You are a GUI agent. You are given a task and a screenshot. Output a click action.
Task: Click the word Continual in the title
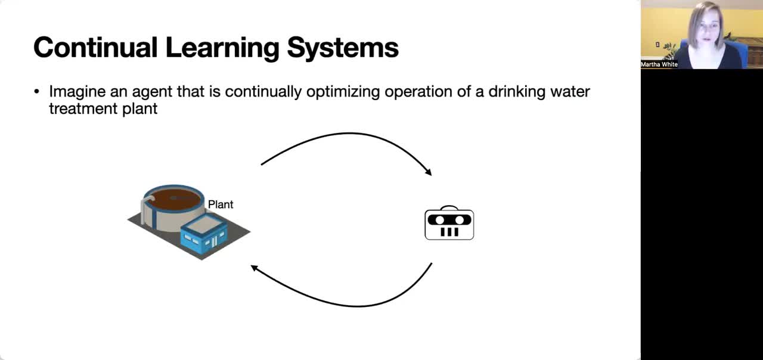tap(95, 47)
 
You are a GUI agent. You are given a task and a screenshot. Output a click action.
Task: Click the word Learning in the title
tap(222, 48)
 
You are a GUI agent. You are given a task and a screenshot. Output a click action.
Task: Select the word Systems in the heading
tap(343, 48)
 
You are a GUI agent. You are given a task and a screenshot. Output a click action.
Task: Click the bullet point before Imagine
tap(37, 92)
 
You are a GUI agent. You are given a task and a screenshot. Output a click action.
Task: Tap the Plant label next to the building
tap(221, 204)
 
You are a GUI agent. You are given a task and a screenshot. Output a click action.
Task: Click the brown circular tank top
tap(173, 199)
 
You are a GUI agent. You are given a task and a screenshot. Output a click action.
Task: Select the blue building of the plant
tap(204, 235)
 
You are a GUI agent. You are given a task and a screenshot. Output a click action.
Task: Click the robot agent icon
tap(449, 223)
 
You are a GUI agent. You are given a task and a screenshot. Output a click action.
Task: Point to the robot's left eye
tap(440, 220)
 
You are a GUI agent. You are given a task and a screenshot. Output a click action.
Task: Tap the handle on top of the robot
tap(449, 208)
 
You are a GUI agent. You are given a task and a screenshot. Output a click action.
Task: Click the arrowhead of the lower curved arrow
tap(255, 268)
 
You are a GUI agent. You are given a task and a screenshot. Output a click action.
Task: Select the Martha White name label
tap(659, 64)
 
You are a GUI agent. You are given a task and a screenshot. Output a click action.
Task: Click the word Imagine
tap(77, 92)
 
